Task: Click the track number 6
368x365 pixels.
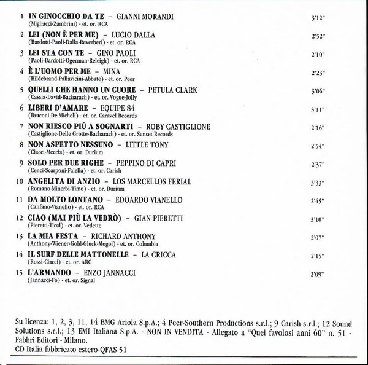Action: click(21, 108)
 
